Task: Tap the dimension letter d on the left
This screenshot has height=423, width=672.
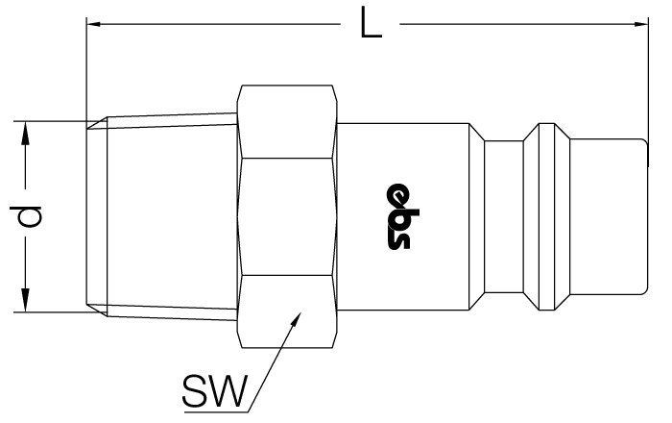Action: [27, 216]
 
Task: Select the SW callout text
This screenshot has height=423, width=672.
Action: [215, 391]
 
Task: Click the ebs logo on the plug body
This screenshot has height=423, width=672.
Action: [398, 216]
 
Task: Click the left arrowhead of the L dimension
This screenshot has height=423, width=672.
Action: [93, 24]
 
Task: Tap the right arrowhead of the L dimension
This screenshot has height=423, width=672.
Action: [641, 24]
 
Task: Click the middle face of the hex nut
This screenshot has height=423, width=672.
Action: [286, 216]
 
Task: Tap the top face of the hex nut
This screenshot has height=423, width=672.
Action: [286, 122]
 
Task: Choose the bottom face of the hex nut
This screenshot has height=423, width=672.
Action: [286, 311]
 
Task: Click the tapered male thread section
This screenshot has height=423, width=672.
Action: [172, 216]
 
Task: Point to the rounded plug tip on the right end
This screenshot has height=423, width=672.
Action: [609, 216]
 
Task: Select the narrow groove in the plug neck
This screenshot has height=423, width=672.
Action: [504, 216]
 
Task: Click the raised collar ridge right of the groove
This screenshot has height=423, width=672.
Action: [546, 216]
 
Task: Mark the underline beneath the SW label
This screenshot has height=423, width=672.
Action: [216, 412]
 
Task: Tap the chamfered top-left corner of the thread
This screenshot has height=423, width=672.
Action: [97, 123]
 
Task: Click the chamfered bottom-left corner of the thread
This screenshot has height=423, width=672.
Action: [97, 311]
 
